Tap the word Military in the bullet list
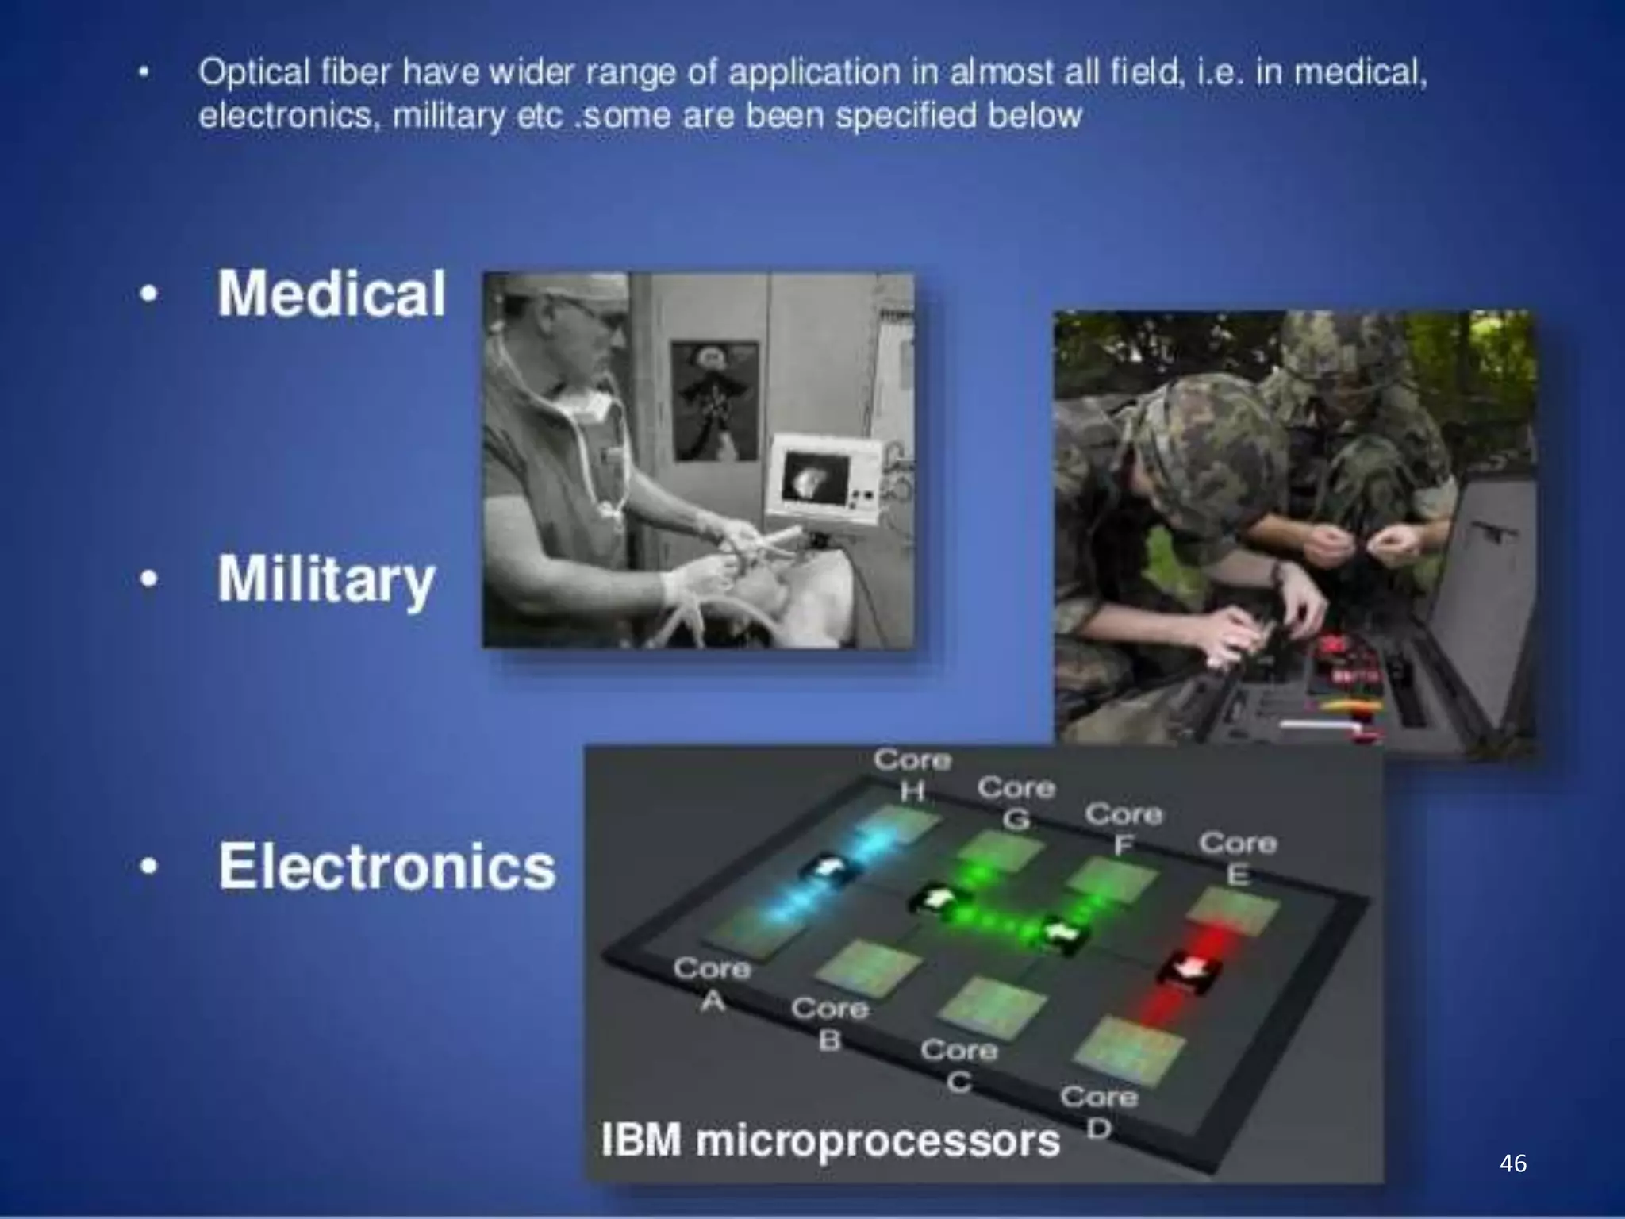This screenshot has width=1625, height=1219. (x=326, y=579)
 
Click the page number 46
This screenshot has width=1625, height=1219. (x=1513, y=1163)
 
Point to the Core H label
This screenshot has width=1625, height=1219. (x=912, y=774)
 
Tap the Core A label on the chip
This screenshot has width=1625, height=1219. (x=712, y=983)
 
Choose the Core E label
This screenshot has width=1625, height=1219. (x=1237, y=857)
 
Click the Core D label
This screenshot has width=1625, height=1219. (x=1099, y=1111)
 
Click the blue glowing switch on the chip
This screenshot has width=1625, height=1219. (x=827, y=869)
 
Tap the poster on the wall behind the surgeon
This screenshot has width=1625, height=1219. (x=714, y=401)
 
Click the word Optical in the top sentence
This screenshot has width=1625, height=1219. (x=254, y=73)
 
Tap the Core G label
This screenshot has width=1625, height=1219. (x=1016, y=802)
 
